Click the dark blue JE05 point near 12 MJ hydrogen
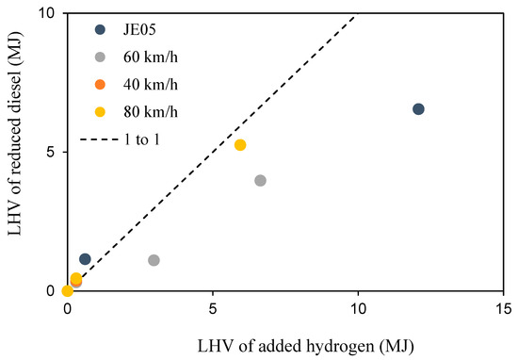(x=418, y=109)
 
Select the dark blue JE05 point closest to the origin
(x=85, y=259)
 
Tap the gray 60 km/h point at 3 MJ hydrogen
(x=154, y=260)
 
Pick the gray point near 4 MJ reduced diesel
(x=260, y=180)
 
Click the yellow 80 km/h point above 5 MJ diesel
(x=240, y=145)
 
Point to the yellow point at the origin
(x=67, y=291)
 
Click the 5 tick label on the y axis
(x=51, y=153)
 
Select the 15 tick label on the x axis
(x=503, y=309)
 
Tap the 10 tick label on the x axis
(x=358, y=309)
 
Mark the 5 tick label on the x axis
(x=213, y=309)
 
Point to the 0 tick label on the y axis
(x=51, y=291)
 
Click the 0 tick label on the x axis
(x=67, y=309)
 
